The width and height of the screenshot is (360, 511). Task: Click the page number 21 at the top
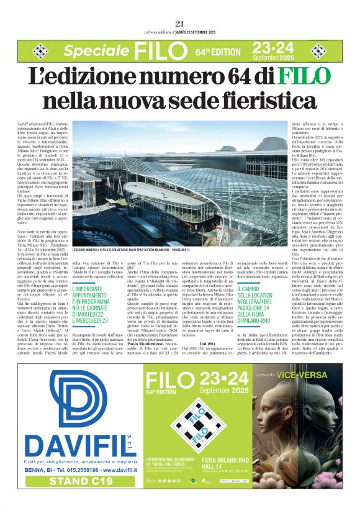180,24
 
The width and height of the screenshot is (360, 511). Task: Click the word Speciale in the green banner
96,51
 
